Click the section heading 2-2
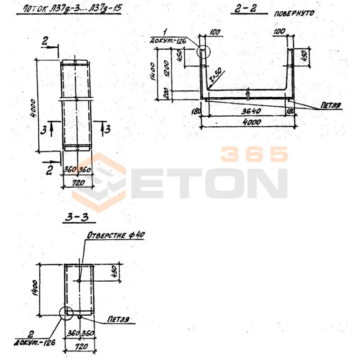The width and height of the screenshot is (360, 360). click(x=245, y=9)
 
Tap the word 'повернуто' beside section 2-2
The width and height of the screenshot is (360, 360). click(x=293, y=13)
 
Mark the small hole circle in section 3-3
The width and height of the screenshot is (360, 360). click(x=79, y=281)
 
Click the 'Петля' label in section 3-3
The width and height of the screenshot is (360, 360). click(x=118, y=320)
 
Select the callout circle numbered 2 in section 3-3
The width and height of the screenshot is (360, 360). click(x=66, y=312)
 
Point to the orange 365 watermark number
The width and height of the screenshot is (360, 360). click(x=254, y=154)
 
